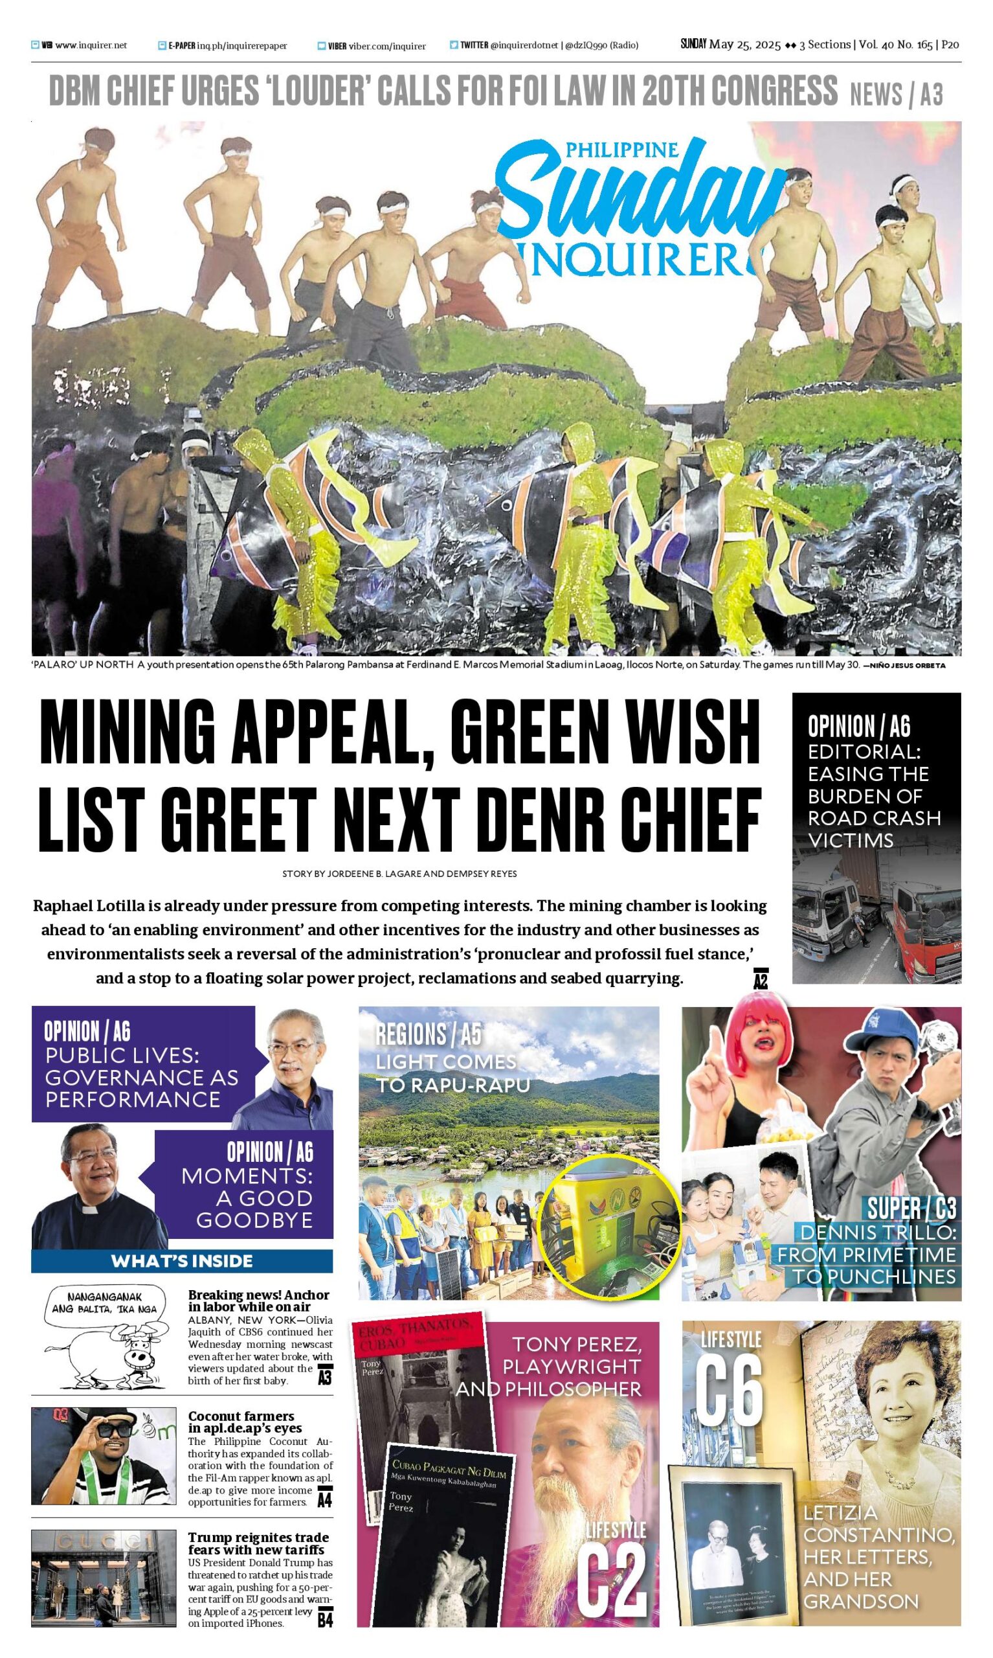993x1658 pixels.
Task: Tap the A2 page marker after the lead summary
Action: tap(760, 979)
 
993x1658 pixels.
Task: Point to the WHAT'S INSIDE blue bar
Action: tap(182, 1261)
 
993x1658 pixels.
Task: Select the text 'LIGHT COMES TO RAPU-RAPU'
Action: tap(452, 1074)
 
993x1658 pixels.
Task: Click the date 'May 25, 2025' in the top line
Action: tap(744, 45)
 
